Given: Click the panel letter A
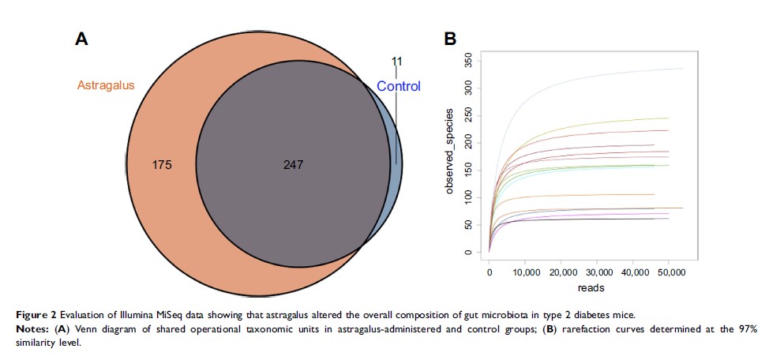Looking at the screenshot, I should click(x=81, y=39).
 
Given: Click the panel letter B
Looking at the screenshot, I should click(x=449, y=39).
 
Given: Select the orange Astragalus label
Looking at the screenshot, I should click(x=106, y=85).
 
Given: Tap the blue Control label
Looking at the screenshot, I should click(x=398, y=87).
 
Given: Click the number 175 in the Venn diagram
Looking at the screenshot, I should click(x=160, y=165).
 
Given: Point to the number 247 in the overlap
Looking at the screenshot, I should click(x=292, y=165).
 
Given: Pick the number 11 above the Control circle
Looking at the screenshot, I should click(x=397, y=60).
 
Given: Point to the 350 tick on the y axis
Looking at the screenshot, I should click(x=469, y=60).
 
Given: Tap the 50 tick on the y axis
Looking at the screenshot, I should click(x=469, y=225).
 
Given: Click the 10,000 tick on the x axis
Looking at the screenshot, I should click(x=525, y=272).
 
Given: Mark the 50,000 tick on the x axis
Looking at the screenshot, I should click(x=670, y=272).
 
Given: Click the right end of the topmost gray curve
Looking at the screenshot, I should click(x=683, y=69).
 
